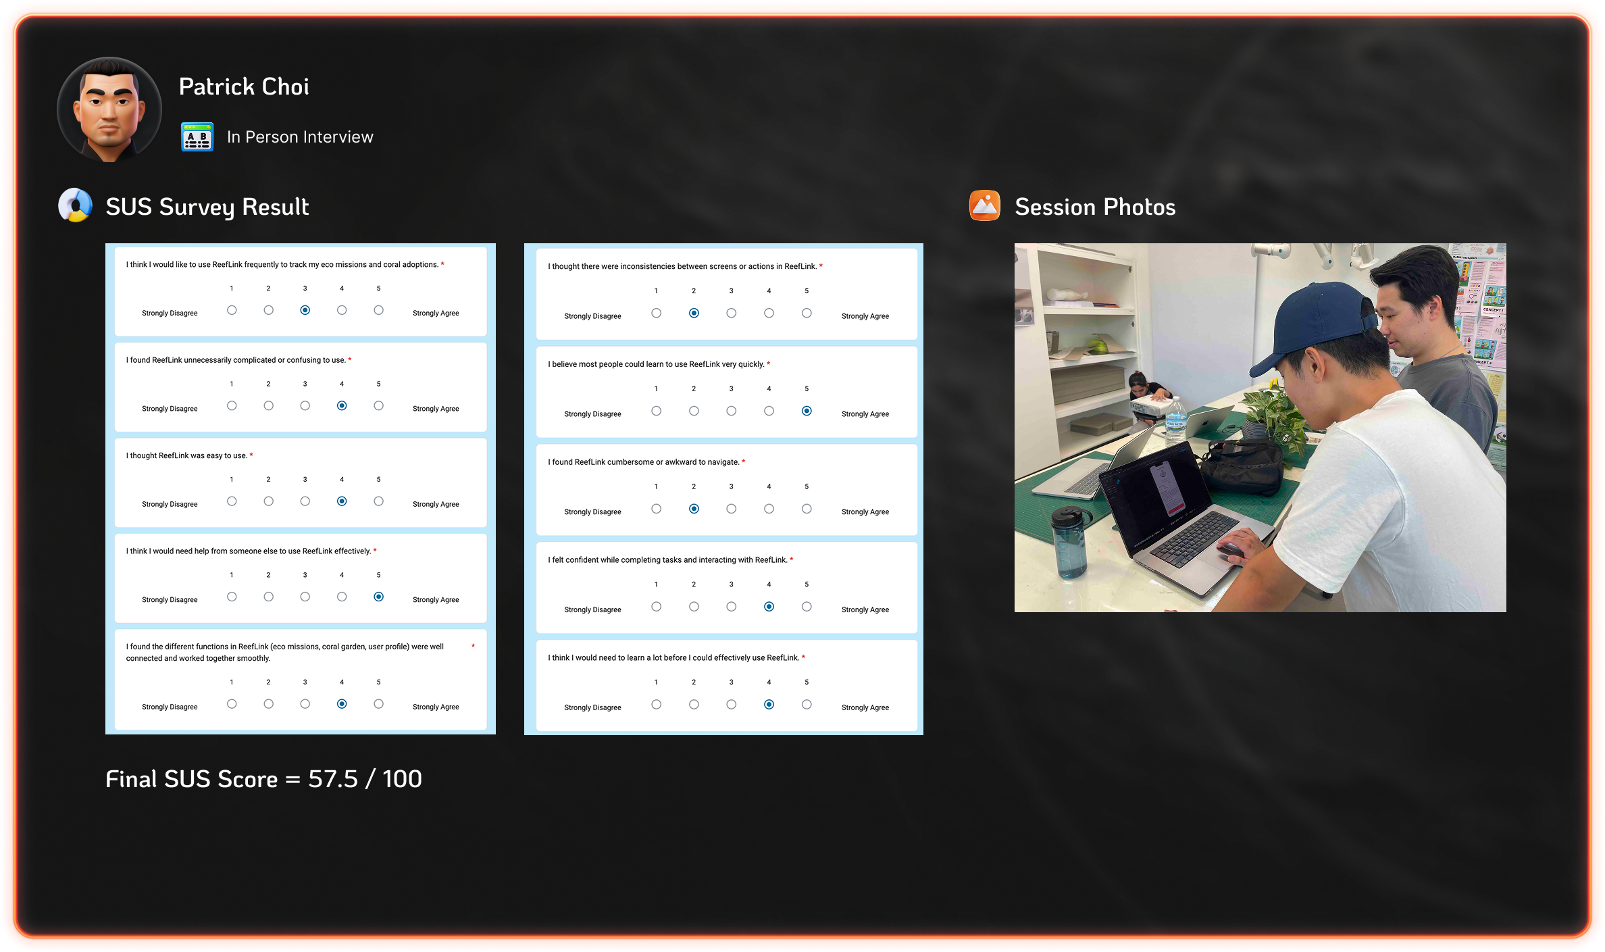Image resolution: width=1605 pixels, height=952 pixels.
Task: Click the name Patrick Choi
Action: (x=244, y=86)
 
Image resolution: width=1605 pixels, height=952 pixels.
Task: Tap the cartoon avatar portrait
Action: (x=109, y=109)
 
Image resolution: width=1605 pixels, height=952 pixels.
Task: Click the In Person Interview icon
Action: (x=197, y=137)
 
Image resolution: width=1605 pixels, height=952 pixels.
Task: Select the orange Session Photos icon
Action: (x=985, y=205)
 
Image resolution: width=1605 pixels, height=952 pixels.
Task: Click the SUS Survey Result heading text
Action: (x=207, y=207)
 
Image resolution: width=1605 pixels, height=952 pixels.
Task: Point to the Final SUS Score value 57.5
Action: (x=333, y=779)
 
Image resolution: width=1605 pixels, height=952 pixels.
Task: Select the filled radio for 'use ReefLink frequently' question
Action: (x=305, y=310)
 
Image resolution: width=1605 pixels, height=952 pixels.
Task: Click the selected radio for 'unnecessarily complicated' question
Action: (x=342, y=405)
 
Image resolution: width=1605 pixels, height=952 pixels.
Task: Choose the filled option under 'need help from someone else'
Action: (x=379, y=597)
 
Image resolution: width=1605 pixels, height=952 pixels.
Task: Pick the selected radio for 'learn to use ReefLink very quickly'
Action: (x=807, y=411)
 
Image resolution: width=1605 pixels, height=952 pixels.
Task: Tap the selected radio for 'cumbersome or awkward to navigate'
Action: (x=694, y=509)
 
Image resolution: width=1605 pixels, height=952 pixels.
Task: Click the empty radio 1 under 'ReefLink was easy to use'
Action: (x=232, y=501)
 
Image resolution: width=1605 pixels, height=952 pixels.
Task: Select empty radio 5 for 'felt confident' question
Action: (x=807, y=607)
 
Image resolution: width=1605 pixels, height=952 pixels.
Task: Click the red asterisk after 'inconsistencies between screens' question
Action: (x=821, y=266)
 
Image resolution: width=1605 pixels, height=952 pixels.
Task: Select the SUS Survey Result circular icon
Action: (x=76, y=205)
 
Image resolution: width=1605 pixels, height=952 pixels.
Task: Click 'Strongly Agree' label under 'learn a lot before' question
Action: (x=865, y=707)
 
